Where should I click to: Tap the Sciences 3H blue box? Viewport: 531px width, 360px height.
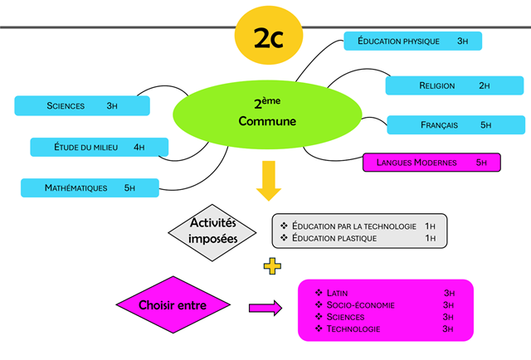(82, 105)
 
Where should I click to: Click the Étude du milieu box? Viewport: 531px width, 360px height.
(99, 147)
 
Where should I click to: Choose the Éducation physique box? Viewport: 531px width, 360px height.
(412, 41)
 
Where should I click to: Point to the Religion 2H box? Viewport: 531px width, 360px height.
(454, 85)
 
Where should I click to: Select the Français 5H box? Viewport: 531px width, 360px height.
(455, 125)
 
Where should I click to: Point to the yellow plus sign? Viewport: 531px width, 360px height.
(272, 266)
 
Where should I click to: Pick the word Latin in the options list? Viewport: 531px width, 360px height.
(339, 293)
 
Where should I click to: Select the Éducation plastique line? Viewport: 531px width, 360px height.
(334, 238)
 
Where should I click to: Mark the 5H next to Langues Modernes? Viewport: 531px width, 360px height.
(481, 163)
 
